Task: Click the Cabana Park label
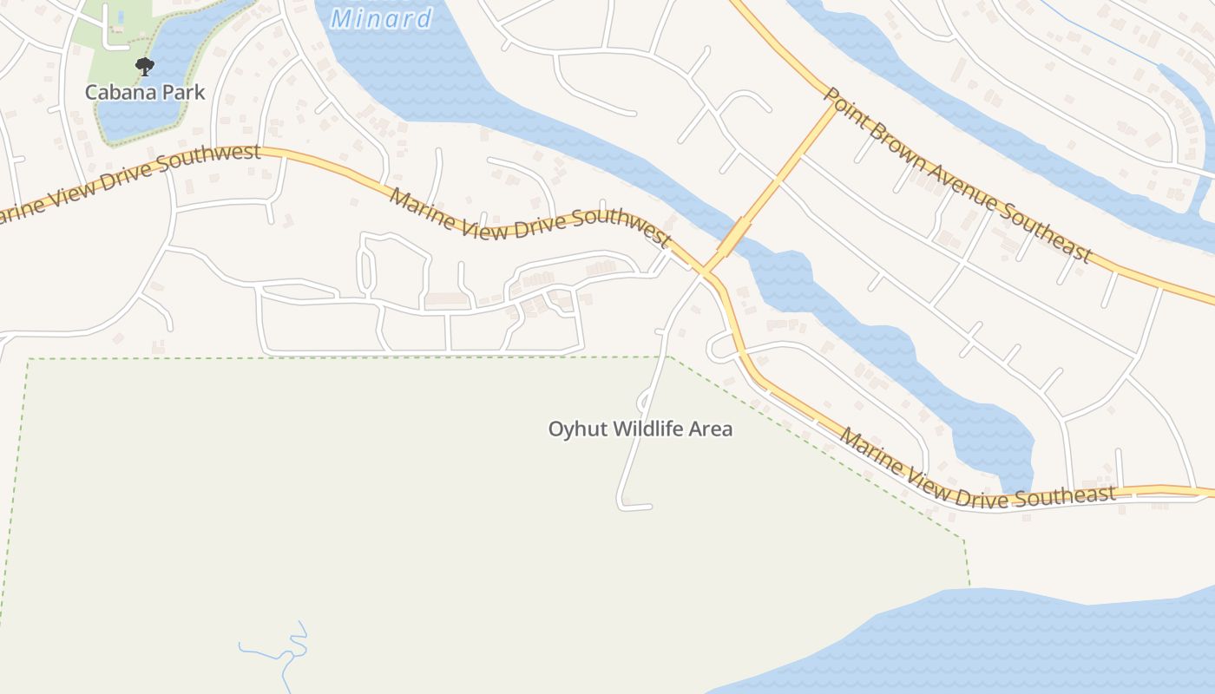(145, 92)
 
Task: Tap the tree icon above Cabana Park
(145, 66)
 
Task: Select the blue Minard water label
(381, 18)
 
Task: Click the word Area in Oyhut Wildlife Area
(711, 429)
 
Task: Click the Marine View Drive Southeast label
(976, 473)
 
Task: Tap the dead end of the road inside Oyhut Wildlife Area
(647, 507)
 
